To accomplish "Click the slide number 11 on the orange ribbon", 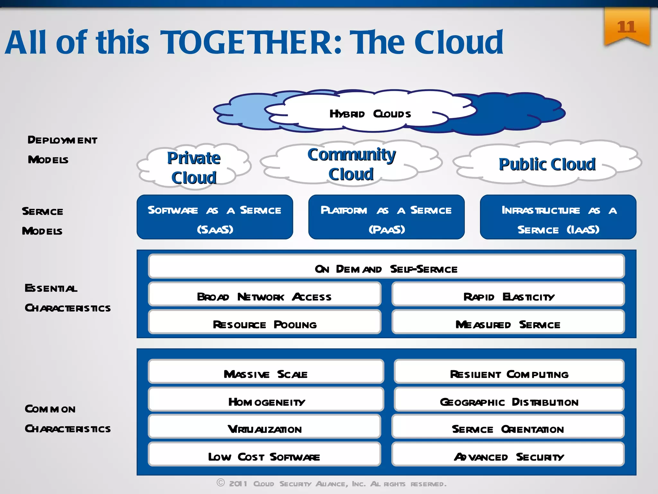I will [626, 27].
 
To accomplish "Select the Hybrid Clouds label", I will [370, 114].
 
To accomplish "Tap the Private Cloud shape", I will [194, 168].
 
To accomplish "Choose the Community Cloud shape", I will [351, 164].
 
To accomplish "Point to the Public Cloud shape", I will [547, 164].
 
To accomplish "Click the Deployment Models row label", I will [62, 150].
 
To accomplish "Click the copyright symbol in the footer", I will [220, 482].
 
